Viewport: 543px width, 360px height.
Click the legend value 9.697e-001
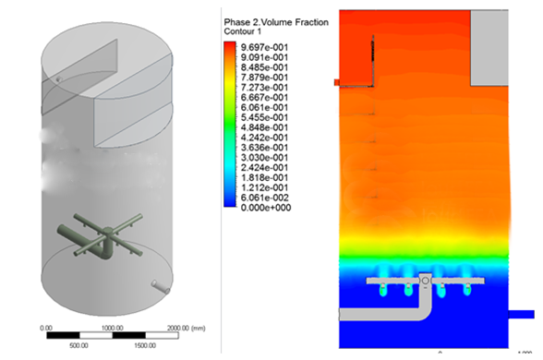click(264, 47)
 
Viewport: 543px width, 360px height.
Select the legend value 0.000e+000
click(266, 208)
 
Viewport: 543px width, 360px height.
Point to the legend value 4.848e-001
click(264, 127)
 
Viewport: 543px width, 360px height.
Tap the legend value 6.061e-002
click(264, 198)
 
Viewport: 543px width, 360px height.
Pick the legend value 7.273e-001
click(264, 87)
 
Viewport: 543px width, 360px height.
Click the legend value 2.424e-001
click(264, 168)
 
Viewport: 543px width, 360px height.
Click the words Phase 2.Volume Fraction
click(276, 22)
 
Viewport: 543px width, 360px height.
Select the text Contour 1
click(242, 31)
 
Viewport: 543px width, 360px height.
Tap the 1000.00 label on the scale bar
click(113, 328)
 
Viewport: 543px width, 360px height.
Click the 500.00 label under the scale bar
click(78, 345)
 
